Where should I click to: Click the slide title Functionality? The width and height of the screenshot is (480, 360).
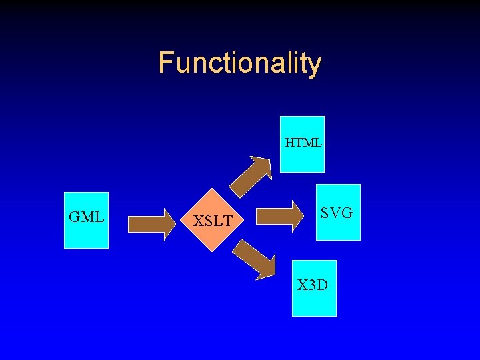[240, 63]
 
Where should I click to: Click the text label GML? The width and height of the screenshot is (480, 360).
[86, 217]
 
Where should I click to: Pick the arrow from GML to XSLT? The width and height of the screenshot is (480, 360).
[149, 223]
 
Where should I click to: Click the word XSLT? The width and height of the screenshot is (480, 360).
[213, 221]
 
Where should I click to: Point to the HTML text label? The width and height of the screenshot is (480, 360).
[303, 142]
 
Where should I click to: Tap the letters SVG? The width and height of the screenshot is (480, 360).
[336, 213]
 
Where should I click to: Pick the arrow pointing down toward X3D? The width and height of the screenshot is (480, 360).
[254, 259]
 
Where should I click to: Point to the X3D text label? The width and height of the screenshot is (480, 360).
[313, 285]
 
